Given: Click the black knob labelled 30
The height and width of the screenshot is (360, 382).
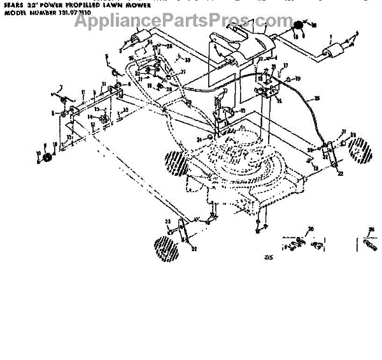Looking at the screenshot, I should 297,25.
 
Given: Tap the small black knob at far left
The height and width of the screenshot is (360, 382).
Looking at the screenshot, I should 46,158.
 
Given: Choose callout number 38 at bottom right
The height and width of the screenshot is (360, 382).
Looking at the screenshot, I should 372,228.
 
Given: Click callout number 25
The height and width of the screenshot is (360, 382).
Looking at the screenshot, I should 243,111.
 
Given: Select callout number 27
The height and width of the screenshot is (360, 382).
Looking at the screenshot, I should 260,59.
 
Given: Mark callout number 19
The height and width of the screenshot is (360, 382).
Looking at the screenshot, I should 297,78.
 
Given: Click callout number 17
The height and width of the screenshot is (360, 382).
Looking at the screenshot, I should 286,66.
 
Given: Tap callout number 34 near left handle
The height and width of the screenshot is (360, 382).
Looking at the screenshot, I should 150,43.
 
